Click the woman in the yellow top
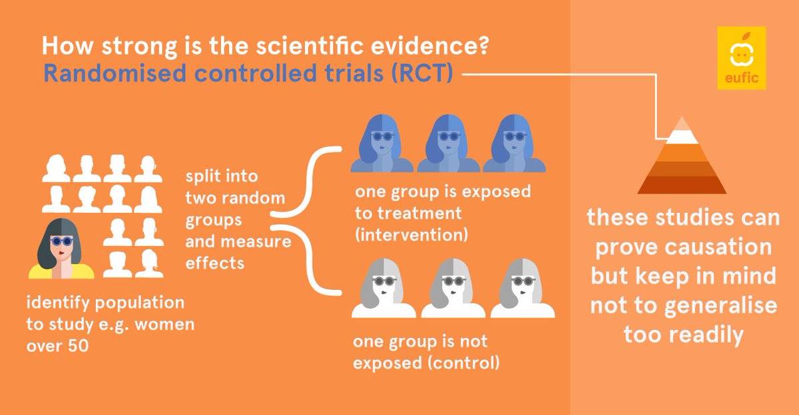61,248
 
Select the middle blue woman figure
447,145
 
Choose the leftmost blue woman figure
382,145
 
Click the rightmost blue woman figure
513,145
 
